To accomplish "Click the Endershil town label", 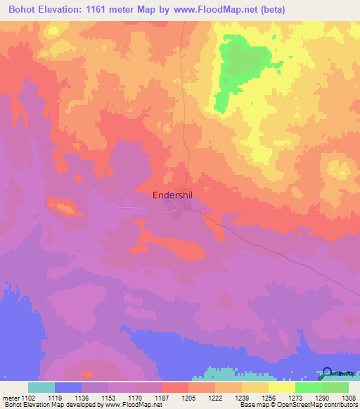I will point(176,196).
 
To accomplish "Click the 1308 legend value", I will point(349,398).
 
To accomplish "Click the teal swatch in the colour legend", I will point(41,387).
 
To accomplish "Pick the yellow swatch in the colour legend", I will point(281,387).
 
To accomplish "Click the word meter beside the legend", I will point(12,398).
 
